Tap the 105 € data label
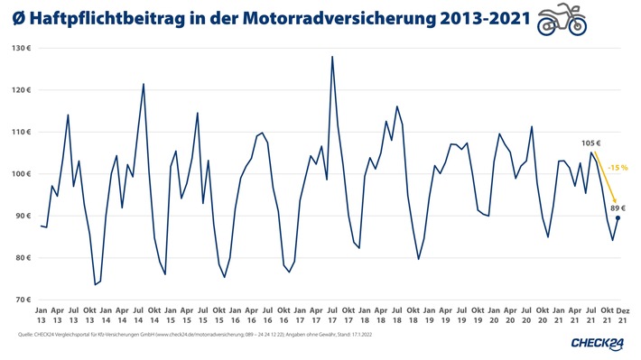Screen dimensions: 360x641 590,143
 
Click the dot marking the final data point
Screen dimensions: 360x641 618,217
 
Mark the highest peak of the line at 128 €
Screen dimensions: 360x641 332,57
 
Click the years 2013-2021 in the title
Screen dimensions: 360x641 475,19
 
